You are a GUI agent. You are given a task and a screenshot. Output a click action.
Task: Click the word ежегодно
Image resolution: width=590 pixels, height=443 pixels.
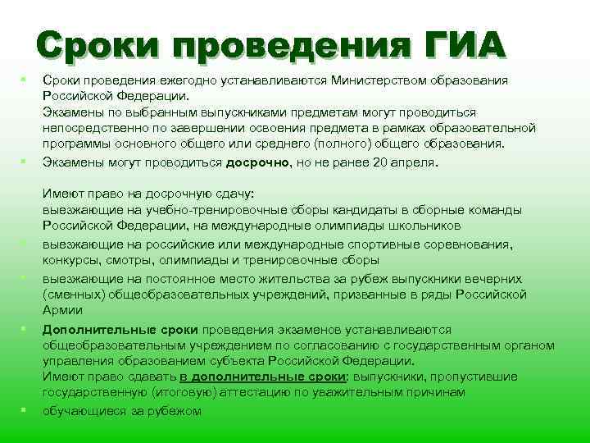181,81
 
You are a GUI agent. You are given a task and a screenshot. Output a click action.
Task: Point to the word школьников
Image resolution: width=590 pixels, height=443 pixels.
423,226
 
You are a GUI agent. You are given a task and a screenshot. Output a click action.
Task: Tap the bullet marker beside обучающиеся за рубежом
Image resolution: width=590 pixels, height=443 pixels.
25,409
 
